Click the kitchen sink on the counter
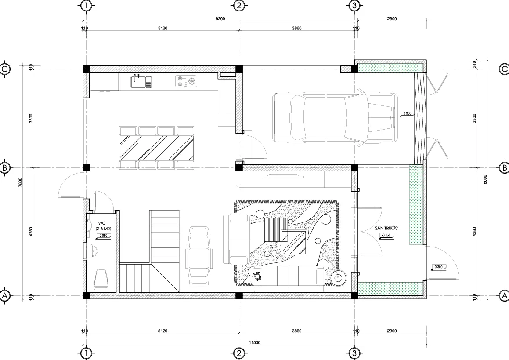pyautogui.click(x=141, y=81)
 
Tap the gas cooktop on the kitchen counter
pyautogui.click(x=186, y=82)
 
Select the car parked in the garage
pyautogui.click(x=335, y=118)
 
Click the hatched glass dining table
pyautogui.click(x=157, y=148)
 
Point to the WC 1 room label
pyautogui.click(x=104, y=224)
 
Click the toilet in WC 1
pyautogui.click(x=101, y=280)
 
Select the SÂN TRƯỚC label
pyautogui.click(x=386, y=229)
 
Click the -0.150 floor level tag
pyautogui.click(x=386, y=236)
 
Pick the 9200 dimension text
pyautogui.click(x=220, y=19)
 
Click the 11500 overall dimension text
pyautogui.click(x=255, y=342)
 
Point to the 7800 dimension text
pyautogui.click(x=21, y=182)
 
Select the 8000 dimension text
pyautogui.click(x=485, y=179)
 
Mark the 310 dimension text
pyautogui.click(x=474, y=64)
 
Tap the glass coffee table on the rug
pyautogui.click(x=294, y=242)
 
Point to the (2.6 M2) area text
pyautogui.click(x=104, y=229)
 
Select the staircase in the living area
pyautogui.click(x=150, y=251)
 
